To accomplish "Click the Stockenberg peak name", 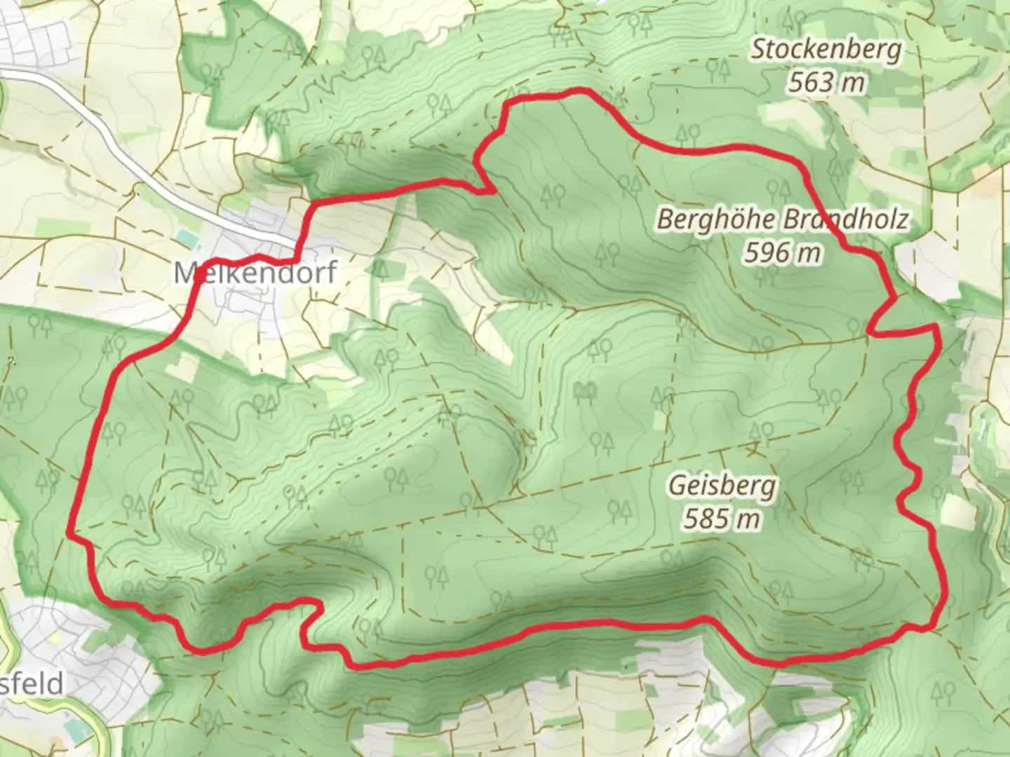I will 826,50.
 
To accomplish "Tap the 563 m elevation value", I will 826,83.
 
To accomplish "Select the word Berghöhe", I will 716,219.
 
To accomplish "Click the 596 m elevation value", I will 782,252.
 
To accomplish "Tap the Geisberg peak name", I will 722,486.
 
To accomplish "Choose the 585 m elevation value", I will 722,519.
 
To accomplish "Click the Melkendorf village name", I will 256,272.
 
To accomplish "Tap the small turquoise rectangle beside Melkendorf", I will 183,238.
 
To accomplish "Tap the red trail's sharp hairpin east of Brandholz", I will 872,331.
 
